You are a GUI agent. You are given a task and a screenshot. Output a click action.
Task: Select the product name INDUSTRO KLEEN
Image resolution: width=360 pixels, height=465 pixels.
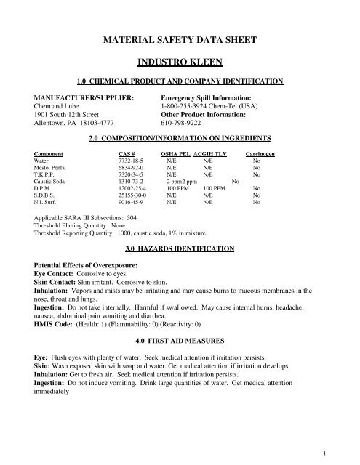(180, 63)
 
